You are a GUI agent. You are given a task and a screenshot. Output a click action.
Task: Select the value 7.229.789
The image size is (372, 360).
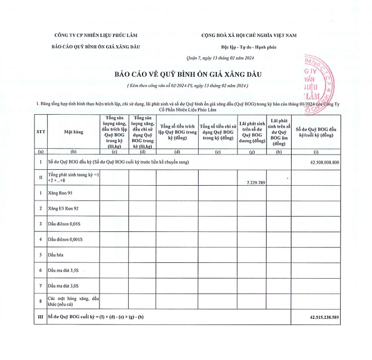point(252,183)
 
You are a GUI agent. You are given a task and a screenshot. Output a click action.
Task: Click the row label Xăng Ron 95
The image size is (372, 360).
point(60,193)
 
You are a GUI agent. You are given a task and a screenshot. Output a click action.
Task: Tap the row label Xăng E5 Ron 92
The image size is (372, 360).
point(63,209)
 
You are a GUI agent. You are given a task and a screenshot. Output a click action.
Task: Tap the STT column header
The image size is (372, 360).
point(41,132)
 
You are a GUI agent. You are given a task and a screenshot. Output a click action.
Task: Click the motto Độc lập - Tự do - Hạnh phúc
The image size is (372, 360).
point(249,46)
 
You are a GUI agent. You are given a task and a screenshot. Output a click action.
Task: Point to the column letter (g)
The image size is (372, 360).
point(252,152)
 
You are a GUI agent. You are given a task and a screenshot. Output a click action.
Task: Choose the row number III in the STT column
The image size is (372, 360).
point(41,318)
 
